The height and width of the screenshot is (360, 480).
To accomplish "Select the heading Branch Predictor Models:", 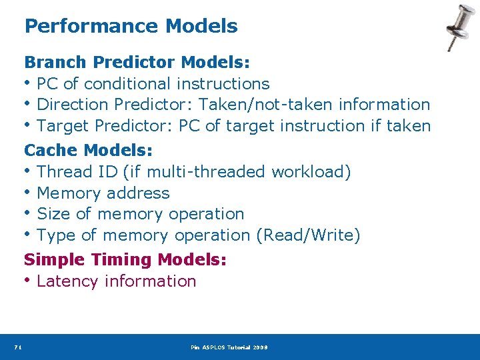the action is point(137,63).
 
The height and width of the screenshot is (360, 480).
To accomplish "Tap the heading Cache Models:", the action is point(89,150).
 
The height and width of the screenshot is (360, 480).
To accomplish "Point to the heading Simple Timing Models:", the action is point(125,259).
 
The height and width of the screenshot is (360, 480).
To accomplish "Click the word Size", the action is point(53,214).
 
